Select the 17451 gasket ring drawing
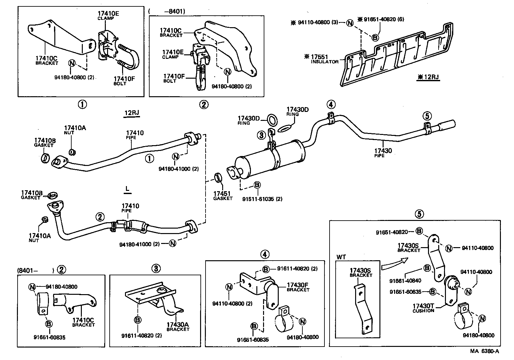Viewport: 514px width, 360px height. pos(218,177)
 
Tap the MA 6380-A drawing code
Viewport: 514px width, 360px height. pos(484,351)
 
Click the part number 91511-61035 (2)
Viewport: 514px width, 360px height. pos(262,199)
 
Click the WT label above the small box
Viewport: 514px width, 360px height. pos(341,257)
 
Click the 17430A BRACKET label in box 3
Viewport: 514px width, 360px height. pos(177,326)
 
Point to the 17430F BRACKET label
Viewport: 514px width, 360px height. pos(298,287)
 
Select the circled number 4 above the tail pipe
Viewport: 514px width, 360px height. pos(331,105)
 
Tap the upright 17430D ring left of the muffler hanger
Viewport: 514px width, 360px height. pos(272,120)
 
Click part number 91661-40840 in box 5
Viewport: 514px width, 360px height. pos(405,281)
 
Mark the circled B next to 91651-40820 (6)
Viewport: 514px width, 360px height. pos(375,38)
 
